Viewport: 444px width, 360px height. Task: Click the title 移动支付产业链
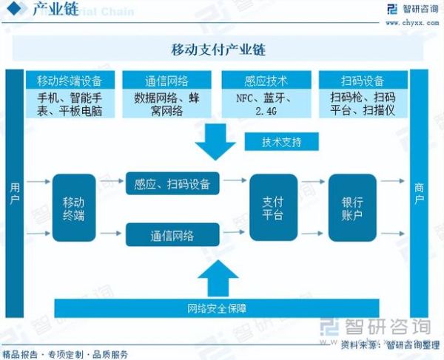(x=218, y=50)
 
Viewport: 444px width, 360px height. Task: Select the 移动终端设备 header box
(x=70, y=80)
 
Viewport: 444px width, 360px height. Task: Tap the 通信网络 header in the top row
(x=167, y=80)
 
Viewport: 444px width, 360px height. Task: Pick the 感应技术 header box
(x=266, y=80)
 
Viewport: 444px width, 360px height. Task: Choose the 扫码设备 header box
(x=363, y=80)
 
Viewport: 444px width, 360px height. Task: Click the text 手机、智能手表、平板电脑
(x=70, y=104)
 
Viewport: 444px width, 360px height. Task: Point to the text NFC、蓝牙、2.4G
(x=266, y=104)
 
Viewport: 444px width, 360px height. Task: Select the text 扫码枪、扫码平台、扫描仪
(x=363, y=104)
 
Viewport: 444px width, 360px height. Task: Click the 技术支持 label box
(x=281, y=141)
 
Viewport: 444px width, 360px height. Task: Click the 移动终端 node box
(x=74, y=208)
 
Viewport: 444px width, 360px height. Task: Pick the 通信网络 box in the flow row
(x=172, y=235)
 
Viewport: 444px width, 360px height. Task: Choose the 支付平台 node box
(x=273, y=208)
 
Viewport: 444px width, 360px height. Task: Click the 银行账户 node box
(x=352, y=208)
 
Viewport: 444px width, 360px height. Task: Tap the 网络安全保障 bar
(x=217, y=307)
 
